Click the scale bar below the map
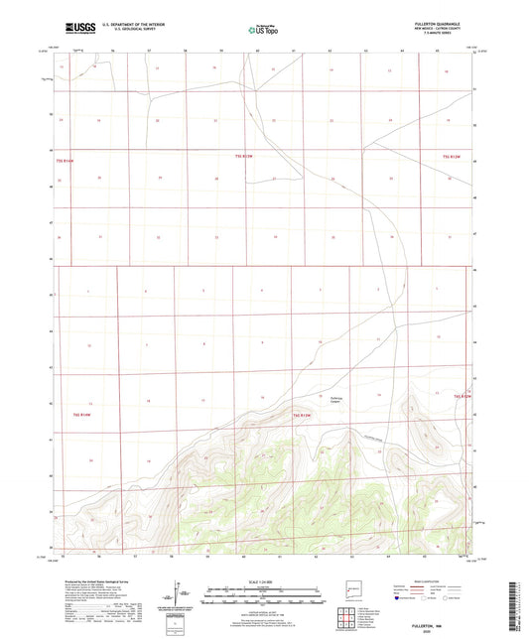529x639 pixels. coord(263,596)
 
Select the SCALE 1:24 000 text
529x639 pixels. coord(263,580)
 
